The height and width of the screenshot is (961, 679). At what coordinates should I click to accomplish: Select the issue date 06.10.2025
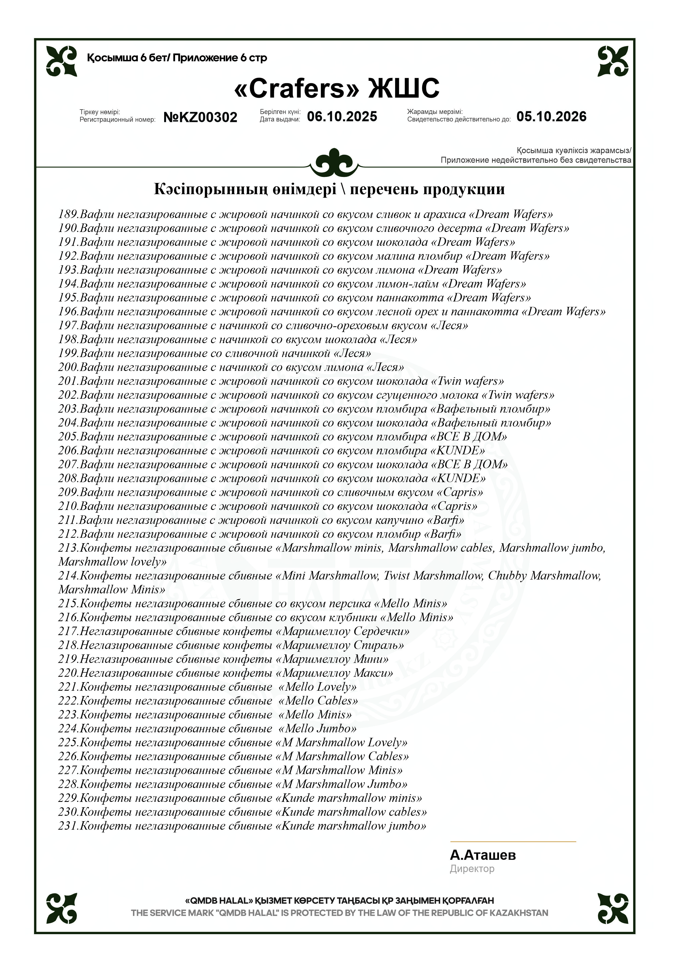[x=342, y=116]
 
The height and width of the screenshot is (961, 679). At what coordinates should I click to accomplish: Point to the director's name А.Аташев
[x=483, y=855]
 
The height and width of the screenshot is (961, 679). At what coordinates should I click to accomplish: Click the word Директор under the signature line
[x=472, y=869]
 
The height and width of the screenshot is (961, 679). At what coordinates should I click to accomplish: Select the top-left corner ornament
[x=62, y=61]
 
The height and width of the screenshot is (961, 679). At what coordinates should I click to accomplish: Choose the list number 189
[x=68, y=214]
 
